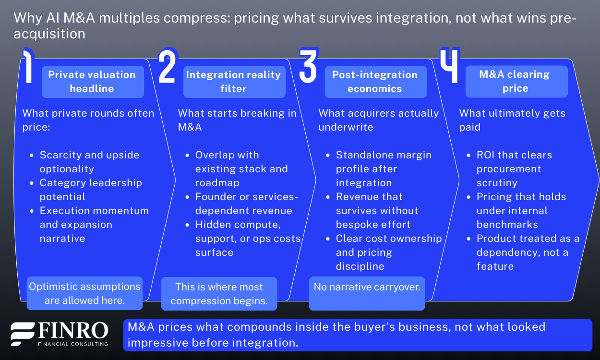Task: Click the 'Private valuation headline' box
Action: (92, 82)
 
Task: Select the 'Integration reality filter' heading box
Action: (233, 82)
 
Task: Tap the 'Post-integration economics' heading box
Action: (375, 82)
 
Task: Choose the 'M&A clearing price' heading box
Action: (516, 81)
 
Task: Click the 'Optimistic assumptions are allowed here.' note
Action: (84, 293)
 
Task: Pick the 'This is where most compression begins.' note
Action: (219, 294)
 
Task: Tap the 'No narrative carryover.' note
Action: (367, 293)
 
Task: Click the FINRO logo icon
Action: (23, 334)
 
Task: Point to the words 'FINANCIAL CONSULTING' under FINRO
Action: (73, 344)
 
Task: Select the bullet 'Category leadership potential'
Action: (91, 190)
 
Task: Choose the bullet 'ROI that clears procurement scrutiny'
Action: (514, 169)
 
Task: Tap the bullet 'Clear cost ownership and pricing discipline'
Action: (388, 252)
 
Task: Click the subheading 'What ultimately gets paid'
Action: (512, 120)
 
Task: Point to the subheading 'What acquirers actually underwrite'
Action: (379, 120)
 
